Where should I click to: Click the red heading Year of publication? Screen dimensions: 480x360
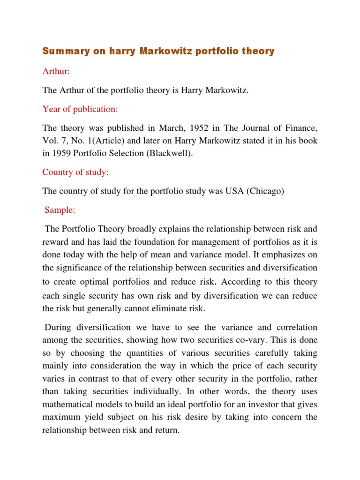tap(80, 109)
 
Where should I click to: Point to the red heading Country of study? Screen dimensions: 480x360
tap(75, 172)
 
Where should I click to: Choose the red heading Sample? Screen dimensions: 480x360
tap(60, 210)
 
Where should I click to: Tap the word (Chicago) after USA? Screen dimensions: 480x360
tap(268, 191)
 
